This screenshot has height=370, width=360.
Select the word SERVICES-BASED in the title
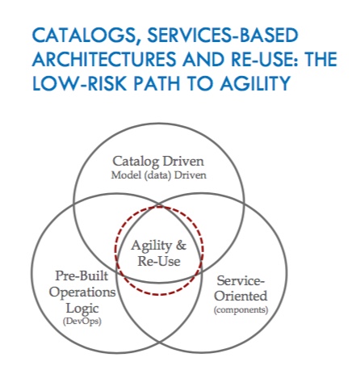[223, 36]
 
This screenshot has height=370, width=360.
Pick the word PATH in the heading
[157, 82]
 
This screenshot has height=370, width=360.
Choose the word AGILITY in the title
[254, 82]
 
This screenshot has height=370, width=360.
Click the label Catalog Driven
[158, 162]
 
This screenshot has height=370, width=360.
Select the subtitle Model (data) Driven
[159, 175]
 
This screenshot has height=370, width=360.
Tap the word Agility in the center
[152, 246]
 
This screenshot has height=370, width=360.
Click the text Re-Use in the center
[159, 261]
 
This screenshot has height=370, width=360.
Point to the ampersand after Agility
[181, 246]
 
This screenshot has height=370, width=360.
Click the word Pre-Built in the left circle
[82, 275]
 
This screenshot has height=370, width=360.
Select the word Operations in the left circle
[82, 292]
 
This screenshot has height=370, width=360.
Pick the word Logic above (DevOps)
[82, 309]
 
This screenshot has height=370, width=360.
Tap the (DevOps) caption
[82, 322]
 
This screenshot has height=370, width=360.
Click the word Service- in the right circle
[241, 280]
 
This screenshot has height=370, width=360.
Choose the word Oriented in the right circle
[241, 296]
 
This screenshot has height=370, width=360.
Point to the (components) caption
[241, 310]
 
